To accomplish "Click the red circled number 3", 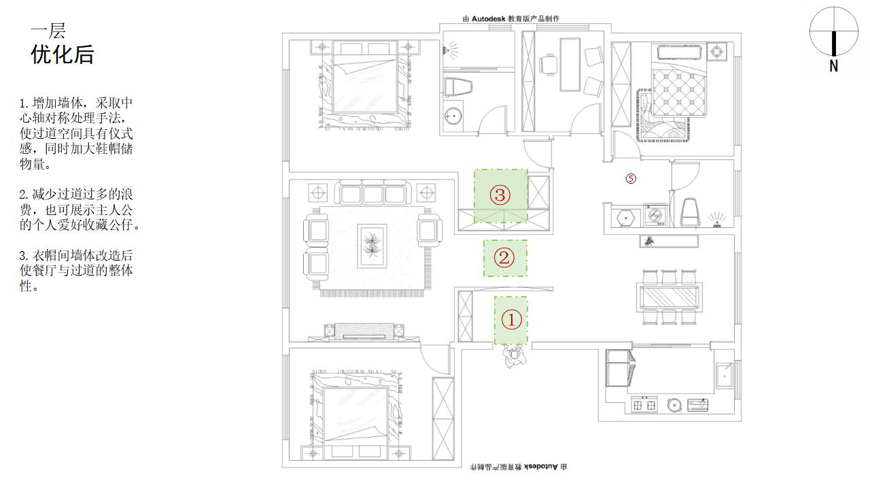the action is [500, 195].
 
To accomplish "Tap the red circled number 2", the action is [504, 257].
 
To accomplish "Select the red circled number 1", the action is [511, 320].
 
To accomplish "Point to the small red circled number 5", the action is [631, 178].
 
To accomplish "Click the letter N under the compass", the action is [833, 66].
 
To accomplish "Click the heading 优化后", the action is [62, 54].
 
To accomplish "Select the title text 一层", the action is [48, 31].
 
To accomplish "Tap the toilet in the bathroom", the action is [457, 87].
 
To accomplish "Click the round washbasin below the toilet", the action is [453, 116].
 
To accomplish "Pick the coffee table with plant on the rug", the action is [372, 246].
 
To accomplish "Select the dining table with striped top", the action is [669, 297].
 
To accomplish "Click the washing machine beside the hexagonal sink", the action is [655, 215].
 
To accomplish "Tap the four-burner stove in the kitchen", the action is [644, 406].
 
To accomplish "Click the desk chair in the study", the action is [548, 65].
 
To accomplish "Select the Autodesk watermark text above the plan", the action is [511, 18].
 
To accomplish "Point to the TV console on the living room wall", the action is [364, 331].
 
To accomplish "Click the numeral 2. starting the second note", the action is [24, 195].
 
